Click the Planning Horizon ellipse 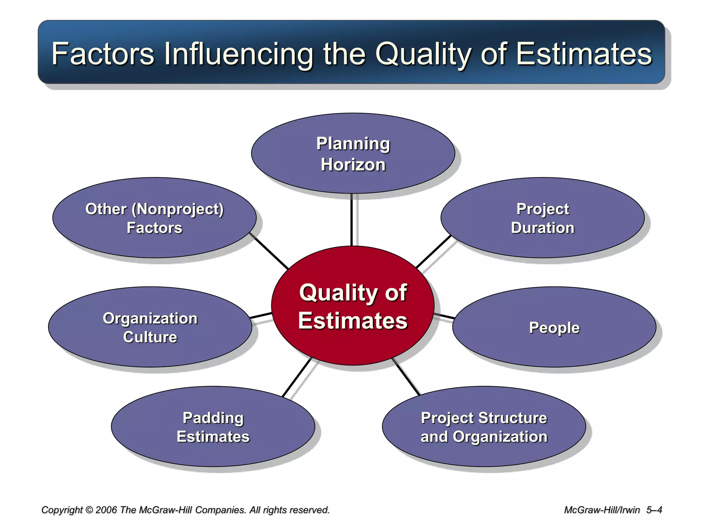(x=353, y=153)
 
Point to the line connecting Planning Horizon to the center (x=351, y=220)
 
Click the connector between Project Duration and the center (x=433, y=251)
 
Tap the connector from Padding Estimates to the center (x=297, y=377)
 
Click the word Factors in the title (x=103, y=54)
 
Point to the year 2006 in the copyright (x=107, y=510)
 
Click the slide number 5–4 (x=654, y=510)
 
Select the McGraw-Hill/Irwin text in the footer (x=602, y=510)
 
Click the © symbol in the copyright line (x=89, y=510)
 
